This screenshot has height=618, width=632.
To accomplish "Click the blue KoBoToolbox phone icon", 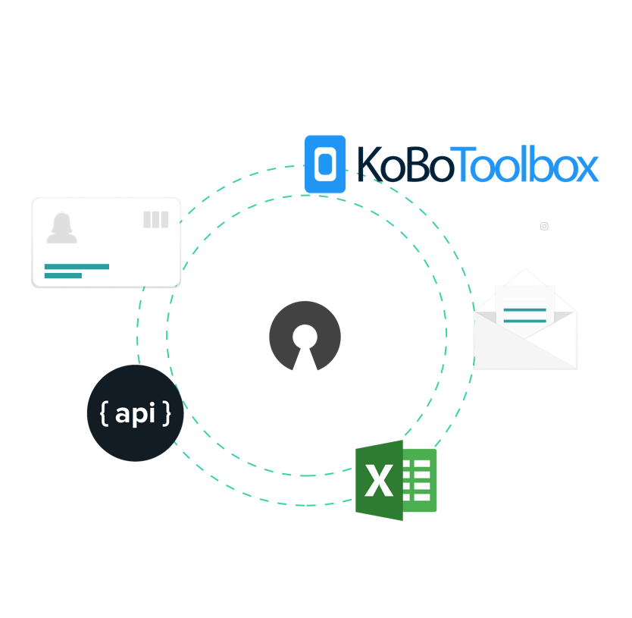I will [x=325, y=164].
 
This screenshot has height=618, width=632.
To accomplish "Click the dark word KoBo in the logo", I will [x=405, y=165].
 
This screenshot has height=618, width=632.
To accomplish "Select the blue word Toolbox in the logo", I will [x=527, y=165].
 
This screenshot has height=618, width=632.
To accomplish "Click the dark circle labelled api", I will [x=135, y=413].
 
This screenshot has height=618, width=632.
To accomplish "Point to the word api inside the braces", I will [x=135, y=414].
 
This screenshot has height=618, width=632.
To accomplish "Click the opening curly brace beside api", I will [x=104, y=414].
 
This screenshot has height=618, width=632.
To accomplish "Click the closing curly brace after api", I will [x=166, y=414].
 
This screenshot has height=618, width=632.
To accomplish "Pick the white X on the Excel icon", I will [x=379, y=481].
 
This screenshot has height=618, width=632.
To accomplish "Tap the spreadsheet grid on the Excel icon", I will [x=420, y=480].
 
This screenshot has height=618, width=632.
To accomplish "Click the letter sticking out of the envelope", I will [x=524, y=304].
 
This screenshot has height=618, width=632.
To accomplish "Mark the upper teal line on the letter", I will [x=524, y=309].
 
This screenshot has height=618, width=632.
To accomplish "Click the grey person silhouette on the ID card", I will [x=61, y=228].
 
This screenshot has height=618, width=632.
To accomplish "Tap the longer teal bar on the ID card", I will [x=77, y=266].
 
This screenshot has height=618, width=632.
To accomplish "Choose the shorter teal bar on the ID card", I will [x=63, y=275].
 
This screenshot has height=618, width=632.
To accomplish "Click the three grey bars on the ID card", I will [x=155, y=220].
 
